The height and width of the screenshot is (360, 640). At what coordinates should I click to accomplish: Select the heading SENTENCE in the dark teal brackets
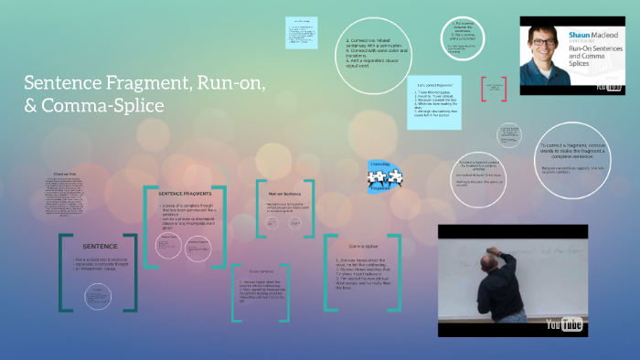[100, 247]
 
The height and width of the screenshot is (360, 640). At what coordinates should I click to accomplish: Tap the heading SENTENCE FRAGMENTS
[185, 195]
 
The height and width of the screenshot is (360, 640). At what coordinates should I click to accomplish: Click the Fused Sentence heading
[262, 271]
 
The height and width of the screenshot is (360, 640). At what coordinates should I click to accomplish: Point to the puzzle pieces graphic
[379, 179]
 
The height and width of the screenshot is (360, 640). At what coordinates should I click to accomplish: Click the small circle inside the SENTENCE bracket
[99, 294]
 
